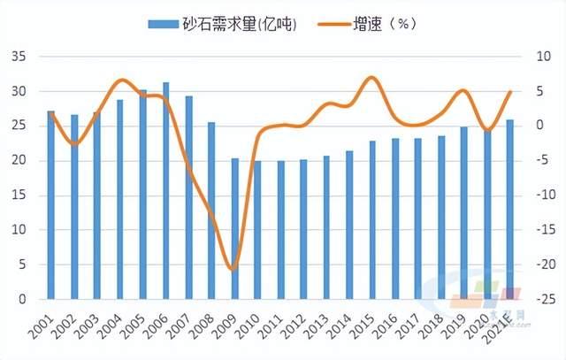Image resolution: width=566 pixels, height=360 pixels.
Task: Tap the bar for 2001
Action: click(x=50, y=204)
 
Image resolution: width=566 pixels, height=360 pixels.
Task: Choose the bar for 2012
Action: click(x=303, y=229)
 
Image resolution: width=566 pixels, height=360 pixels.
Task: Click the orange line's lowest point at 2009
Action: click(x=233, y=269)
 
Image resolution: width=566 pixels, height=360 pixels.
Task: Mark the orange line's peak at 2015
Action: click(x=372, y=78)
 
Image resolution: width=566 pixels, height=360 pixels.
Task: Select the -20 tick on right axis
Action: click(x=533, y=264)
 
